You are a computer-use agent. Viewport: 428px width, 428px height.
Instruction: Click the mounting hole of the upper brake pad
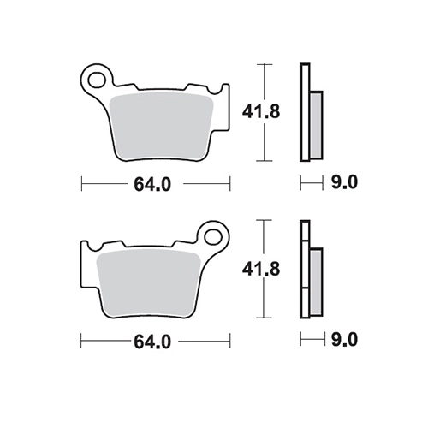click(97, 80)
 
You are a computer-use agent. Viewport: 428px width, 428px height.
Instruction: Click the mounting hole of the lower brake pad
click(213, 236)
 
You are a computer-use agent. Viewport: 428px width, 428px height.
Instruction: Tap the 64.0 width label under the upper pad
click(152, 184)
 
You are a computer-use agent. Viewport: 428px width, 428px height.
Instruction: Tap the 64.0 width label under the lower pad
click(152, 342)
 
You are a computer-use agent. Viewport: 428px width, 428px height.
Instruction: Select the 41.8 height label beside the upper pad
click(261, 111)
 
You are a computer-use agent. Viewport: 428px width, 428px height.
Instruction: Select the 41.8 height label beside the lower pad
click(261, 269)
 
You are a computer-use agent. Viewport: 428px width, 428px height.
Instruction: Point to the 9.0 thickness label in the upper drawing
click(344, 182)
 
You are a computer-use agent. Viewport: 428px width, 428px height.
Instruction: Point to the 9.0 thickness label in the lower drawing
click(344, 340)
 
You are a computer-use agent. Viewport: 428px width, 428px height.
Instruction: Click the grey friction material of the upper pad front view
click(161, 126)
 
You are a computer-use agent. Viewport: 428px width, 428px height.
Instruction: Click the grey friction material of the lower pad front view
click(149, 283)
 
